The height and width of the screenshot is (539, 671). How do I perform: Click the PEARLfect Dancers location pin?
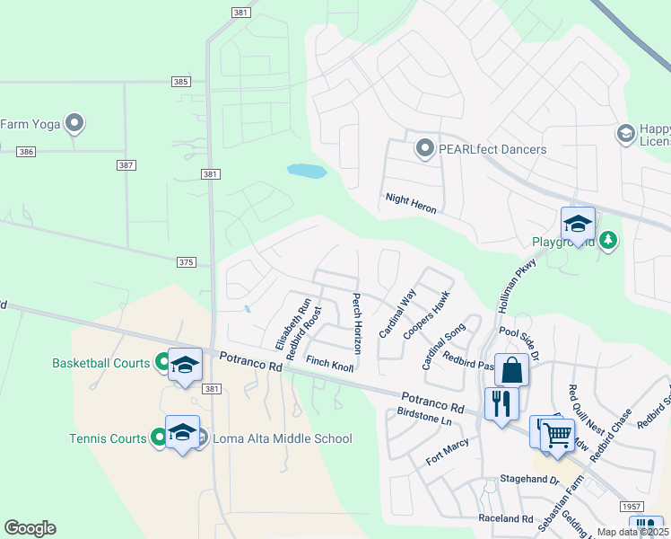coord(424,148)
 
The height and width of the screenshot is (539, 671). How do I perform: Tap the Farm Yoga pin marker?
coord(74,123)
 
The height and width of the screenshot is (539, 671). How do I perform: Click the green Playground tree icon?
coord(608,240)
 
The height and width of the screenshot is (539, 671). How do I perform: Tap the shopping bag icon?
coord(511,369)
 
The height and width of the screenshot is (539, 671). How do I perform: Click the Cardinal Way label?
coord(397,314)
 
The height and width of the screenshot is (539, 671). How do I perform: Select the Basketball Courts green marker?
coord(163,363)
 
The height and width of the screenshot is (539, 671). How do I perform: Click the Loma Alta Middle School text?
coord(281,438)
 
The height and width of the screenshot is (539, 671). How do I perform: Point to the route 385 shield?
coord(181,82)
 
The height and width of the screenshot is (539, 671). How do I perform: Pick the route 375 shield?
coord(186,261)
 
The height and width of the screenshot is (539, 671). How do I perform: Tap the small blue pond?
coord(305,170)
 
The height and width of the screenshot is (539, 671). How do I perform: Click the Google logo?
coord(30,527)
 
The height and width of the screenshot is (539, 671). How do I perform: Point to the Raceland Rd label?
coord(506,518)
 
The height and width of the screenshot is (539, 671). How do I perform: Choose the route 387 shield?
coord(126,165)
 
